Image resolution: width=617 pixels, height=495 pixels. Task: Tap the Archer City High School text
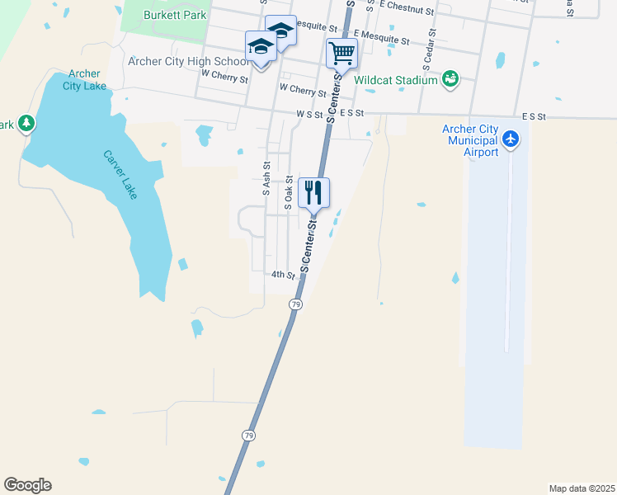[x=187, y=61]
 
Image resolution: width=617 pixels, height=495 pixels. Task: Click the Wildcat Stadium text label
[x=396, y=80]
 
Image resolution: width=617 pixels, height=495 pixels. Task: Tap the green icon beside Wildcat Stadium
[x=450, y=79]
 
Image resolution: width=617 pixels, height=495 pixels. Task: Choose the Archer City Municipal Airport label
[x=470, y=140]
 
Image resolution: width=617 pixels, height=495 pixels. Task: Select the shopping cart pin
[x=341, y=54]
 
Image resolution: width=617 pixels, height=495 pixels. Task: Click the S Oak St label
[x=290, y=191]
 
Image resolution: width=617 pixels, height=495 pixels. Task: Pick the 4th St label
[x=283, y=275]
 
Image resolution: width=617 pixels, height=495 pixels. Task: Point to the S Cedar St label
[x=431, y=53]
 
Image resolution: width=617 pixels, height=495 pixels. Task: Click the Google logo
[x=27, y=485]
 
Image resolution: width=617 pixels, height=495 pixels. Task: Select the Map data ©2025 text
[x=582, y=488]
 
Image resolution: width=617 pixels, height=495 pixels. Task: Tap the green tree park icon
[x=26, y=124]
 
